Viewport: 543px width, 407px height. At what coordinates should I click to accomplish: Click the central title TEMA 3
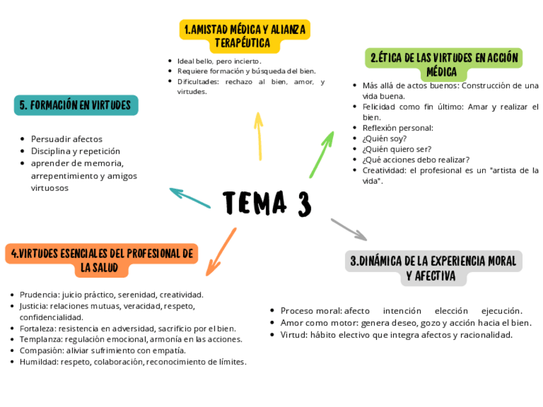tap(267, 203)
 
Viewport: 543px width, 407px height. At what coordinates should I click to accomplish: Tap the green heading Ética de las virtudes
tap(443, 64)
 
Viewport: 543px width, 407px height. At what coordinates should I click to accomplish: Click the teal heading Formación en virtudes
tap(76, 105)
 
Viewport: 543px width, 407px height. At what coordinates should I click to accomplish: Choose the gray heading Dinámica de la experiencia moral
tap(433, 268)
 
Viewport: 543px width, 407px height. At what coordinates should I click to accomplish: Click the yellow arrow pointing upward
tap(259, 136)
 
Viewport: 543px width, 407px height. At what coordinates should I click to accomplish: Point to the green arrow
tap(322, 154)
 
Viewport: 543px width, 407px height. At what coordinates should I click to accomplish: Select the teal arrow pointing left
tap(190, 198)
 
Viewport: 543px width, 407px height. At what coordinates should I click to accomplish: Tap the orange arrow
tap(221, 251)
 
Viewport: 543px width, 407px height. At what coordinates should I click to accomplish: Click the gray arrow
tap(348, 229)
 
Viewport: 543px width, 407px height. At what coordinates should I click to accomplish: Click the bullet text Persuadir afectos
tap(67, 139)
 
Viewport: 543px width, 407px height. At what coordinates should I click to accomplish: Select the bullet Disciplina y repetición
tap(76, 151)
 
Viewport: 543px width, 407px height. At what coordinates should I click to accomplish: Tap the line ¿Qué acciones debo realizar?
tap(416, 159)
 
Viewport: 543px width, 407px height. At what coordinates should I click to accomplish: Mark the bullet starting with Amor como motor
tap(405, 323)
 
